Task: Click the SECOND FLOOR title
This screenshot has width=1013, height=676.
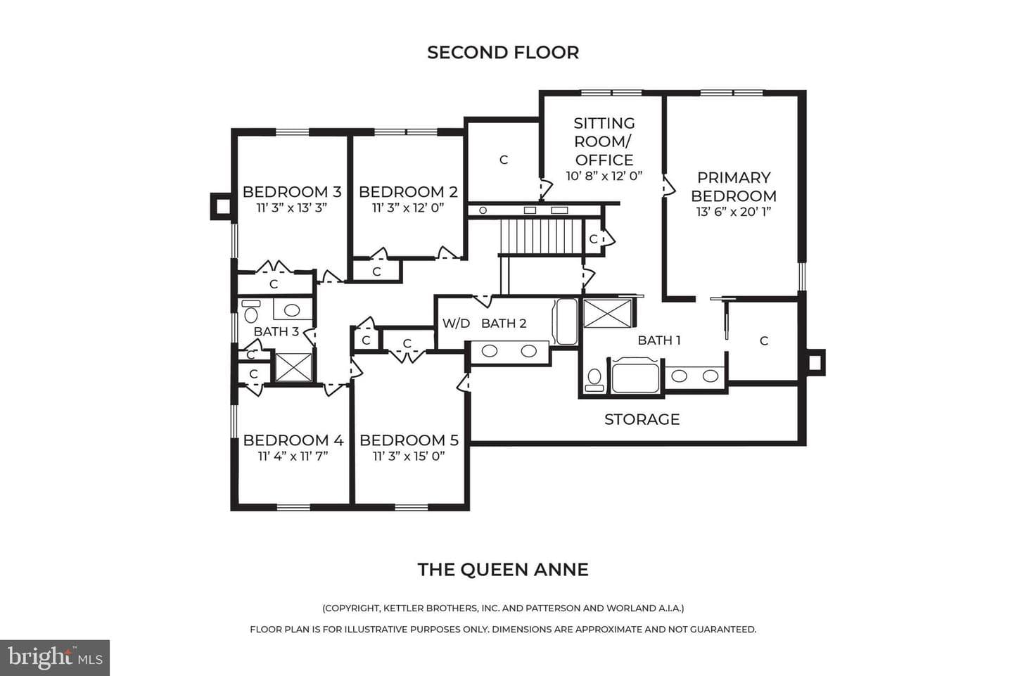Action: (503, 53)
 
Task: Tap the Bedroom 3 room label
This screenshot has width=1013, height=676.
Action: (292, 192)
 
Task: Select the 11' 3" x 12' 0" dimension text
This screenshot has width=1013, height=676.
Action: (408, 208)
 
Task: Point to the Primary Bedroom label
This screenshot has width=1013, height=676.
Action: (734, 186)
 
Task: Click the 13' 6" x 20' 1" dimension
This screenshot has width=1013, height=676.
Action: (734, 212)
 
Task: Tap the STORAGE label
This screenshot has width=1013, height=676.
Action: (642, 420)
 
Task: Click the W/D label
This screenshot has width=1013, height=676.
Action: (456, 324)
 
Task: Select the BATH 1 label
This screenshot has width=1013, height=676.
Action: (659, 340)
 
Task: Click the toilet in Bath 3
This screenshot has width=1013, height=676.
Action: (251, 311)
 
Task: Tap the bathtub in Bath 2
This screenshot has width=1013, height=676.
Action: (565, 321)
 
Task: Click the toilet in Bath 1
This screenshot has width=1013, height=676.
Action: (594, 379)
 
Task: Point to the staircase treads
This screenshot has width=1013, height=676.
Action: (542, 237)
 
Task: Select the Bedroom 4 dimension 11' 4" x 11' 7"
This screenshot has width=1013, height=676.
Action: (293, 457)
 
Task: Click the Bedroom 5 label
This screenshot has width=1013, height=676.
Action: (409, 440)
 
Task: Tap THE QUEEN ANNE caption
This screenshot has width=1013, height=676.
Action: (503, 570)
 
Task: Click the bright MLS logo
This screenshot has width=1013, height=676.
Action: (55, 658)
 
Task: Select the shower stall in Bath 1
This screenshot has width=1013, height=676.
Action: (607, 313)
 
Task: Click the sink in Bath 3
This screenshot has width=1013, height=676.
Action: (292, 310)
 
